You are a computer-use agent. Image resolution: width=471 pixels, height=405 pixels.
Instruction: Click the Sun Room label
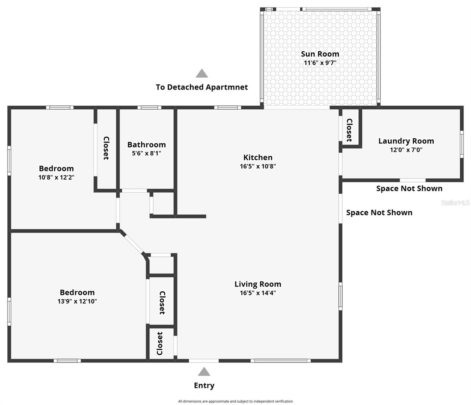(x=320, y=54)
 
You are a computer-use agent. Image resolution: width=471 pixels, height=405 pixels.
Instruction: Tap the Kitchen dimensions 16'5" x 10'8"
(x=258, y=166)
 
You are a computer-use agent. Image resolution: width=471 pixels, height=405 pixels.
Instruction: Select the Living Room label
(x=258, y=284)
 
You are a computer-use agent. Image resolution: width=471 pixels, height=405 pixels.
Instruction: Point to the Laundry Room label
(x=406, y=141)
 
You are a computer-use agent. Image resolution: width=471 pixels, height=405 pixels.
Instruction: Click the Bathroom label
(x=146, y=145)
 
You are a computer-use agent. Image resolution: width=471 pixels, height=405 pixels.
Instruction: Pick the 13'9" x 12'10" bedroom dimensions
(x=77, y=301)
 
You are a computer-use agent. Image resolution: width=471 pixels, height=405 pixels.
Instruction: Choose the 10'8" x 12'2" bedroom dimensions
(x=56, y=178)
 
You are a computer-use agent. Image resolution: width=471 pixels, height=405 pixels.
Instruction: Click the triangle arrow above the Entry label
(x=204, y=372)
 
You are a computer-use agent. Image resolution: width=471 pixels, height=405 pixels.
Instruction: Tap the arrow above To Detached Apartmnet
(x=202, y=74)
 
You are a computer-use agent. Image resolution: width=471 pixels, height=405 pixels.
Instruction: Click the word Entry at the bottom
(x=204, y=385)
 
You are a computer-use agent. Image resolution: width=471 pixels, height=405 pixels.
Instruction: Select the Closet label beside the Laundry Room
(x=349, y=130)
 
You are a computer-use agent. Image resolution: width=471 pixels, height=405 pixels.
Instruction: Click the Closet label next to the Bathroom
(x=106, y=148)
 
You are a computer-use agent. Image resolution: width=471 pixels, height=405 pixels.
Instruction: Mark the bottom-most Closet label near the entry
(x=160, y=344)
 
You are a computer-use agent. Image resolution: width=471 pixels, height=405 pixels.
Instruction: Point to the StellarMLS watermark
(x=455, y=203)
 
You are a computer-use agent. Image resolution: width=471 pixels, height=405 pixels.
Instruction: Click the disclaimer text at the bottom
(x=235, y=401)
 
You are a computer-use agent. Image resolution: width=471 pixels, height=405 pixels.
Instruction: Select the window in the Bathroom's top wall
(x=149, y=108)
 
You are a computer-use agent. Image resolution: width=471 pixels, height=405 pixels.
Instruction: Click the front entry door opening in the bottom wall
(x=204, y=360)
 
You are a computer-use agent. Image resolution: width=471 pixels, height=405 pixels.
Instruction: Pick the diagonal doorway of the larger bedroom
(x=132, y=242)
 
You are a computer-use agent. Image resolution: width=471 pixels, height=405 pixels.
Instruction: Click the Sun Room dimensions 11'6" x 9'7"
(x=320, y=63)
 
